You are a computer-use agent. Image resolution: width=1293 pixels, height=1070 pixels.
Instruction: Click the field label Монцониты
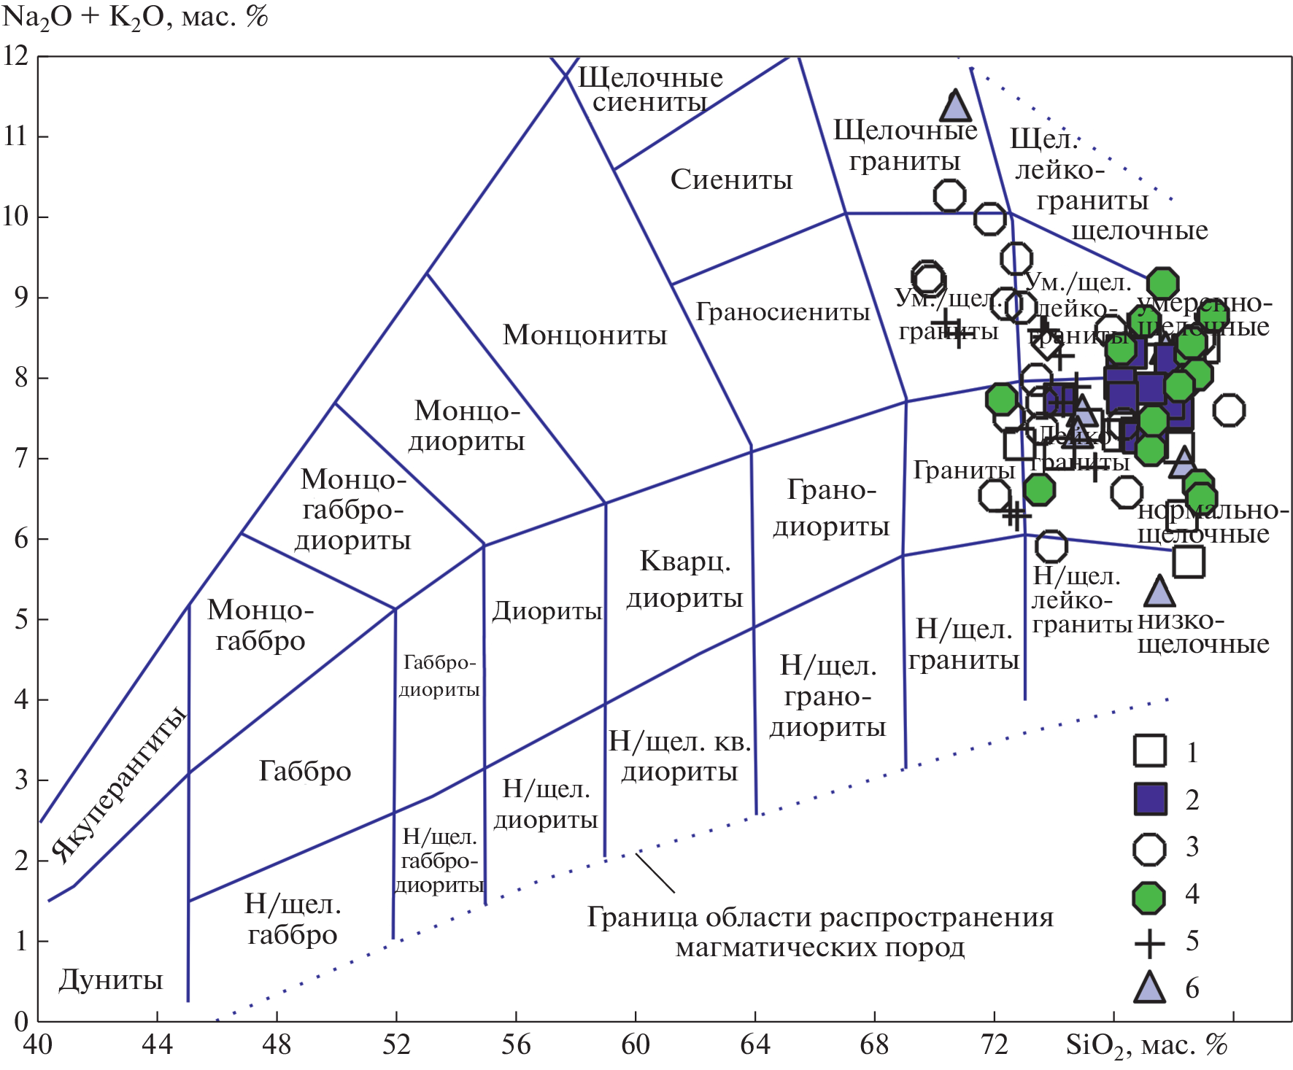pos(584,335)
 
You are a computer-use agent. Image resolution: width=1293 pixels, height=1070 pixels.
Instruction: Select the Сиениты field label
pos(731,179)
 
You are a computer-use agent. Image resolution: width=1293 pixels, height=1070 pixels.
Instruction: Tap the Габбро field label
pos(305,771)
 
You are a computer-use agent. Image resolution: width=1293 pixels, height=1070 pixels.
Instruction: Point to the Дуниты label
pos(111,980)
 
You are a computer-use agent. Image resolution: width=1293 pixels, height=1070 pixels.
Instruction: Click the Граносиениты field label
pos(782,312)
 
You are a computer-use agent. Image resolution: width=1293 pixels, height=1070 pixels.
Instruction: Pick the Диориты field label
pos(547,610)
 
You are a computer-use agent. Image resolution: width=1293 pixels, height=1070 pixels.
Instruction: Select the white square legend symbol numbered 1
pos(1149,751)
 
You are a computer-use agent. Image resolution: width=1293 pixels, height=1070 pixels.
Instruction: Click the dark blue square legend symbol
pos(1149,799)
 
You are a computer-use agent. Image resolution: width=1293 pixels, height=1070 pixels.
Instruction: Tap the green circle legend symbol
pos(1149,897)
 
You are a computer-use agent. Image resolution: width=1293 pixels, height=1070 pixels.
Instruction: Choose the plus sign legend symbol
pos(1149,944)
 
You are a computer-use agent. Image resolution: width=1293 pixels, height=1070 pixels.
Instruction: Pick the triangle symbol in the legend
pos(1149,988)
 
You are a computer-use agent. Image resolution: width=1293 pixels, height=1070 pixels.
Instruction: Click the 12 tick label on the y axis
pos(15,55)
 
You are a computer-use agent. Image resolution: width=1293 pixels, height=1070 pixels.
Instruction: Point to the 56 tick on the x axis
pos(516,1045)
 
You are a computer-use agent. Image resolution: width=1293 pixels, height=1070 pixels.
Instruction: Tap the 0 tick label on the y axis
pos(21,1020)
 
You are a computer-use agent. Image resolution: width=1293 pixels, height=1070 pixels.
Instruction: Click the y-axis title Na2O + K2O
pos(136,17)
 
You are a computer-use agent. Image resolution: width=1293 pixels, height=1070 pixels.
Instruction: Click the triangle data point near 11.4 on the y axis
pos(955,106)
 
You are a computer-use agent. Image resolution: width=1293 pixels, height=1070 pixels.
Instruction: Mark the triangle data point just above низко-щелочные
pos(1159,592)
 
